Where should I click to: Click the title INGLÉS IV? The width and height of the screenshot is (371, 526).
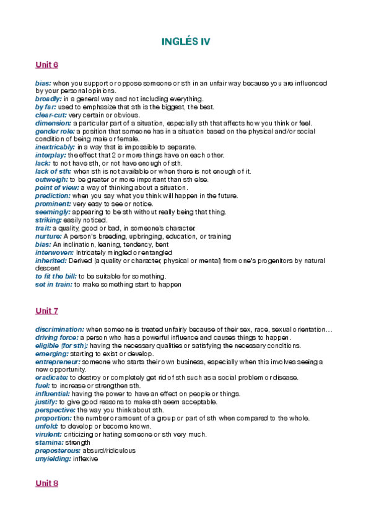click(185, 42)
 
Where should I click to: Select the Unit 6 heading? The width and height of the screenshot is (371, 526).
click(46, 65)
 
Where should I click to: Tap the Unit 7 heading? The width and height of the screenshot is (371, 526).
click(46, 310)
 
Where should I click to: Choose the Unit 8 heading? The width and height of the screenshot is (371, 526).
click(46, 483)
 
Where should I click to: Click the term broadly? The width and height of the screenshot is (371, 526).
click(48, 99)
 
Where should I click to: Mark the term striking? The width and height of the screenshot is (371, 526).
click(48, 220)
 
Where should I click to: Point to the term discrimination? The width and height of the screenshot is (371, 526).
click(59, 329)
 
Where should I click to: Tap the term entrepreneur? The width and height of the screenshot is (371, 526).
click(58, 361)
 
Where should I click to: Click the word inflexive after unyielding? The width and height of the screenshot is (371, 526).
click(85, 459)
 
